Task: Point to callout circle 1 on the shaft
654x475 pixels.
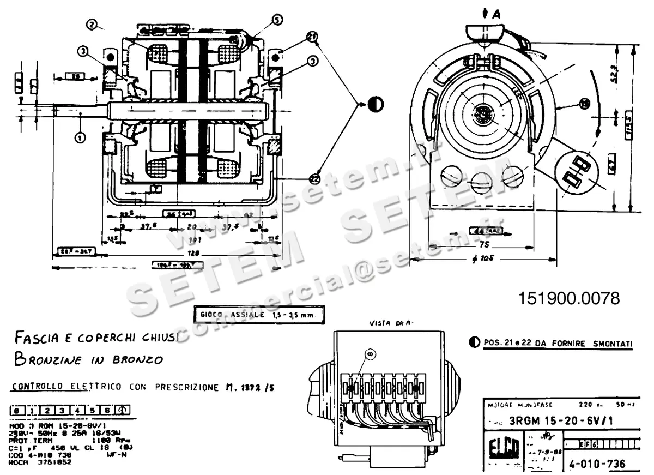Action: click(80, 137)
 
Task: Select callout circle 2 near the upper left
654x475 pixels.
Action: click(92, 24)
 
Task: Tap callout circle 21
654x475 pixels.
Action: click(311, 37)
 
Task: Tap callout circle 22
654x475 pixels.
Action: click(314, 178)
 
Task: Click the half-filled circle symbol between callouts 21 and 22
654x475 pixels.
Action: click(376, 104)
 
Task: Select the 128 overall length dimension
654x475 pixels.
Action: click(192, 254)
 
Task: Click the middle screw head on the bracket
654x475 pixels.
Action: click(482, 181)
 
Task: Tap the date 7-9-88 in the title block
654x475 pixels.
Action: click(538, 452)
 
